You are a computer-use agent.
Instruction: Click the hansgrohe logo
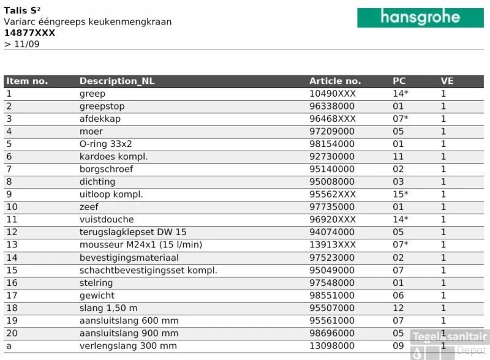pyautogui.click(x=420, y=17)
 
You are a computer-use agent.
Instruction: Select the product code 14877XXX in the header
pyautogui.click(x=29, y=33)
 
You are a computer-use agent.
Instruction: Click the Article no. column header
pyautogui.click(x=335, y=81)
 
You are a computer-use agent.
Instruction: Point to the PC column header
pyautogui.click(x=399, y=81)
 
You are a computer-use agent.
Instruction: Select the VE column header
pyautogui.click(x=447, y=81)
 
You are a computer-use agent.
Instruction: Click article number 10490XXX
pyautogui.click(x=333, y=94)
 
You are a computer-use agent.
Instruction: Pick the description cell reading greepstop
pyautogui.click(x=102, y=107)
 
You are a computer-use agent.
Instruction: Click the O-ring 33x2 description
pyautogui.click(x=106, y=144)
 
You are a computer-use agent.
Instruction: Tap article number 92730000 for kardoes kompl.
pyautogui.click(x=332, y=157)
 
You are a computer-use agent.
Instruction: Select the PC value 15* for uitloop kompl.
pyautogui.click(x=401, y=195)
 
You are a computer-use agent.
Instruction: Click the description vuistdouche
pyautogui.click(x=107, y=220)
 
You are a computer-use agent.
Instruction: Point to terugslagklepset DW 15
pyautogui.click(x=133, y=232)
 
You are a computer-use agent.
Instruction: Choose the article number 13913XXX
pyautogui.click(x=333, y=245)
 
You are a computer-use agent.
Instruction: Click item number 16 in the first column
pyautogui.click(x=12, y=283)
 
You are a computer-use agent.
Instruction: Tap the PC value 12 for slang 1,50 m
pyautogui.click(x=399, y=308)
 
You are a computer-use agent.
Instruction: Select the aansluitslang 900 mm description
pyautogui.click(x=129, y=333)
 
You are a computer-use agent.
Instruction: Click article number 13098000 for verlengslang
pyautogui.click(x=332, y=346)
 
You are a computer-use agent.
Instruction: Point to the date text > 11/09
pyautogui.click(x=22, y=44)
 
